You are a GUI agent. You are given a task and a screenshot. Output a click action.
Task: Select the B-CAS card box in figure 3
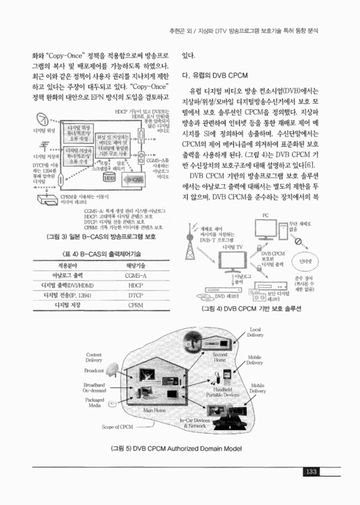[x=133, y=179]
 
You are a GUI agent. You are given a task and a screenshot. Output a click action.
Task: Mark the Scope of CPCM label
[x=117, y=427]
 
